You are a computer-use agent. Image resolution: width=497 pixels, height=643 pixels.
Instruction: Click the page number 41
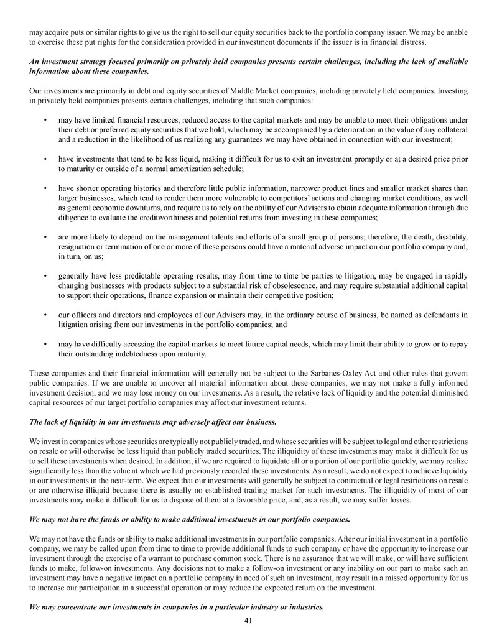pos(248,619)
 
